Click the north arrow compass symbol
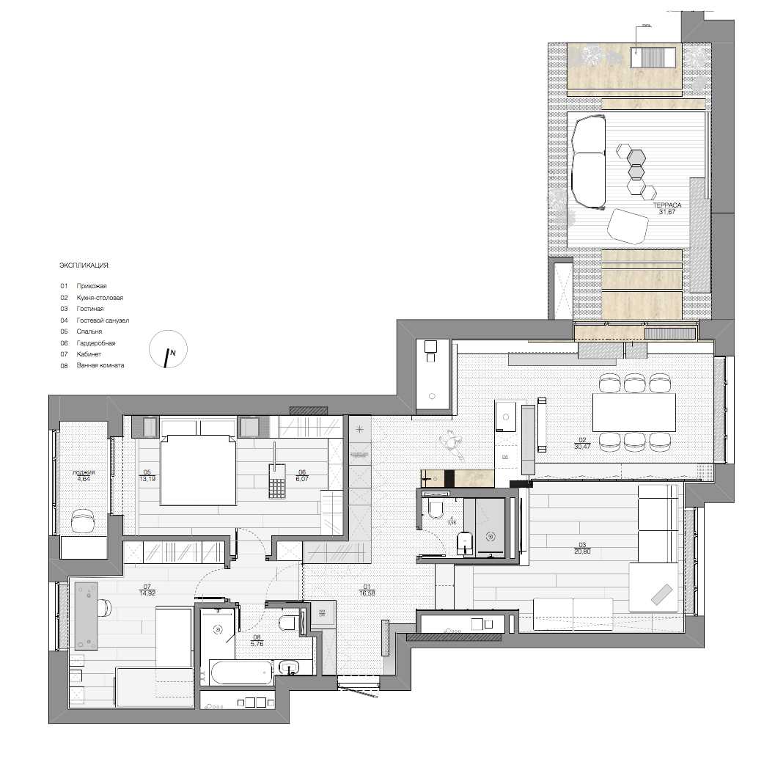(x=169, y=349)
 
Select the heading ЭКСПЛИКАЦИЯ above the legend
(x=84, y=264)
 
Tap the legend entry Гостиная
(x=90, y=309)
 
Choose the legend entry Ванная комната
(x=100, y=365)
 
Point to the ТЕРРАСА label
(x=668, y=206)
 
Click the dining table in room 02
(x=633, y=413)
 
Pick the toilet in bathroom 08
(x=288, y=623)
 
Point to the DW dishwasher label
(x=505, y=456)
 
